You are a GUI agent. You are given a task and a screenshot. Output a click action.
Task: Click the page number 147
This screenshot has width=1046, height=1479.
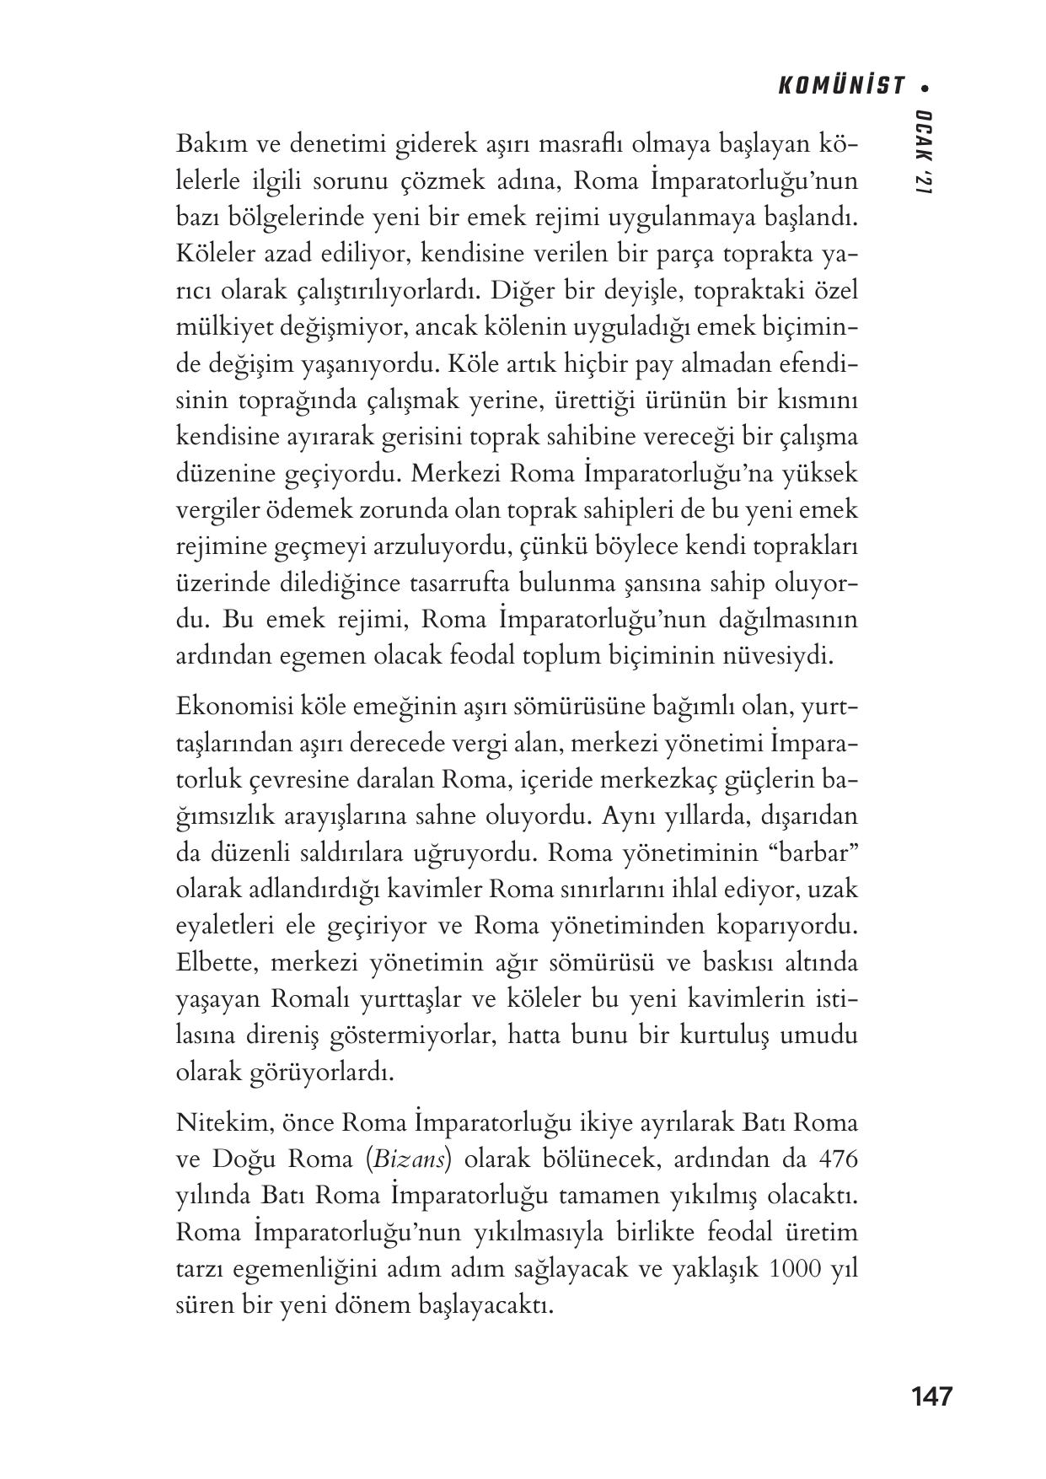[x=931, y=1396]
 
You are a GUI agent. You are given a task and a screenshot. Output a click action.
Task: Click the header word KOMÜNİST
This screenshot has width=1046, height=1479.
[x=841, y=86]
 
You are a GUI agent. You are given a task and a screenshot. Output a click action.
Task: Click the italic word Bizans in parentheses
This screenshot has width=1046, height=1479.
[x=410, y=1159]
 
